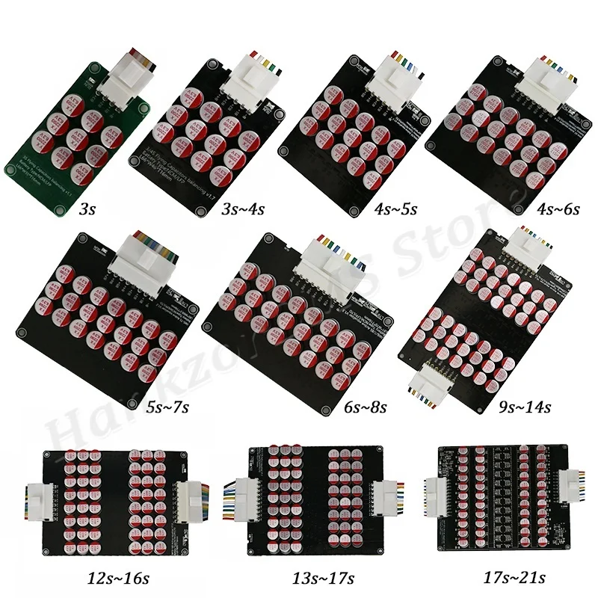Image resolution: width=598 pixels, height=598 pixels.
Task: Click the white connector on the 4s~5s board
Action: pos(394,77)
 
